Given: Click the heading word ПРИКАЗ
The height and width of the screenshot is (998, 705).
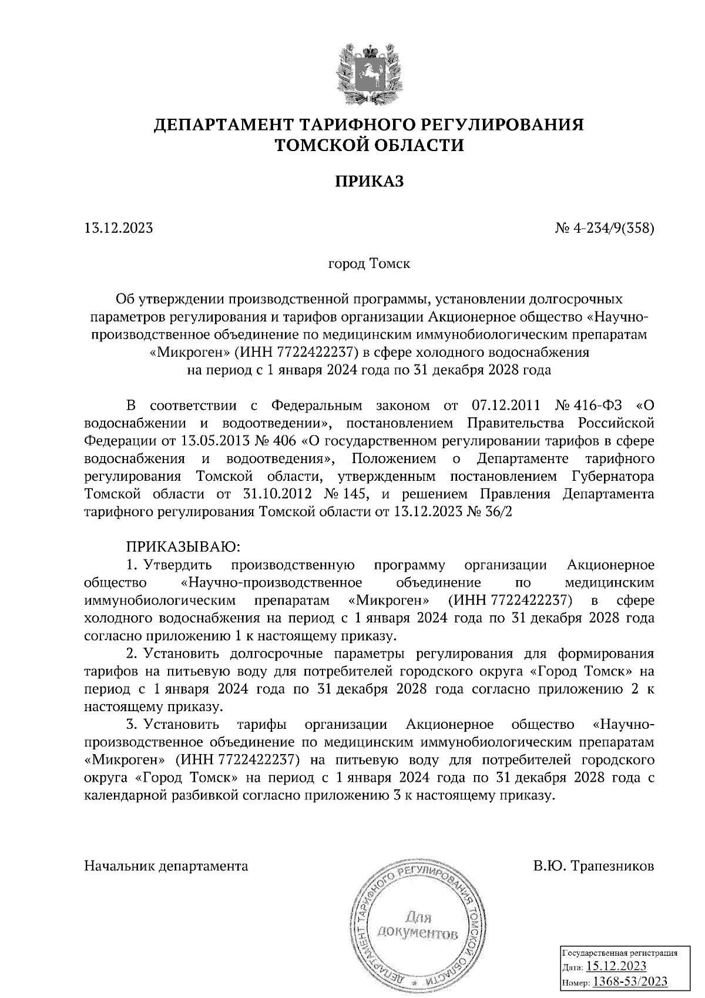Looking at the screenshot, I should point(370,182).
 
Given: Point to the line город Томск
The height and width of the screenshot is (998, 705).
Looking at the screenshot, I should point(369,264).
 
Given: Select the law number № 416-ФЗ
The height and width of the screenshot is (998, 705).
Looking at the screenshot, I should point(589,406).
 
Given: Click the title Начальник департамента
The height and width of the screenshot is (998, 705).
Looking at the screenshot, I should point(166,866).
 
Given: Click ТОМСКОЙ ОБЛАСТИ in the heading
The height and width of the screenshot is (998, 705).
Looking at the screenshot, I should point(370,145).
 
